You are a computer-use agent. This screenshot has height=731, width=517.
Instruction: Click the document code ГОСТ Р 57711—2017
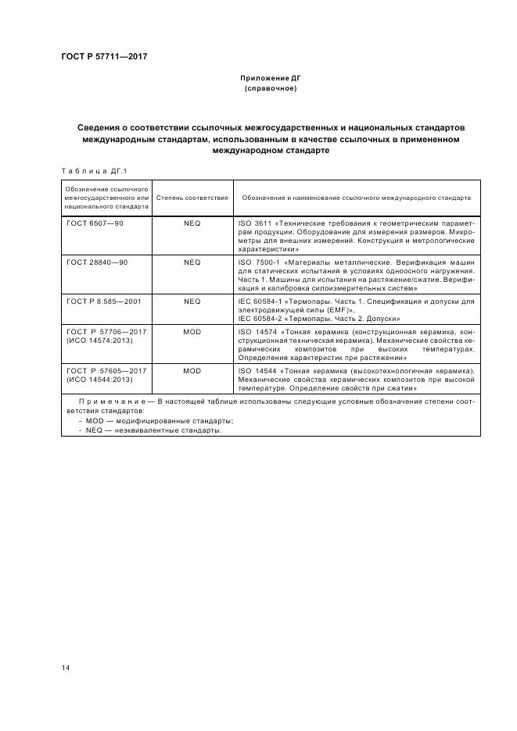pos(104,56)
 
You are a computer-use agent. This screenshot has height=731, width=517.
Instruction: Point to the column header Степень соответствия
pos(192,198)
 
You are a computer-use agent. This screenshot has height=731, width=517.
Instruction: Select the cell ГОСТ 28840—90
pos(98,262)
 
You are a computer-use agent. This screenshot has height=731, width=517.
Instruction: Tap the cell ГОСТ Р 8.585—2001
pos(104,301)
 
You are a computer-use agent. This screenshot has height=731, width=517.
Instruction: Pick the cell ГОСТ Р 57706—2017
pos(106,332)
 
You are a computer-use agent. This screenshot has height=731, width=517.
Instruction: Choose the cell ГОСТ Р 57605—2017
pos(106,370)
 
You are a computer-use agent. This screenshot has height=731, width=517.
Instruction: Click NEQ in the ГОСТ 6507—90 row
pos(192,223)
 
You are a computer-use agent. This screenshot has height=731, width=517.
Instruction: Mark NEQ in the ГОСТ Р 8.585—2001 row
pos(192,301)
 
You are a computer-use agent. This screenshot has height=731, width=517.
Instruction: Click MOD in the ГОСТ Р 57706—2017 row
pos(192,332)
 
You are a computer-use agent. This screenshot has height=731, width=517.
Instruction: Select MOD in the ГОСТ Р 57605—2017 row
pos(192,370)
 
